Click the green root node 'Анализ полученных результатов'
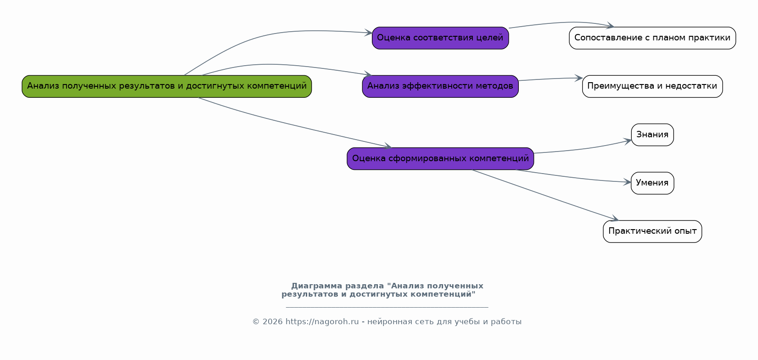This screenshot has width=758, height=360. (167, 86)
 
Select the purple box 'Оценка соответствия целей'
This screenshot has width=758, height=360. (440, 38)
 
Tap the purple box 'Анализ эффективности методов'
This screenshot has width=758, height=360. (440, 86)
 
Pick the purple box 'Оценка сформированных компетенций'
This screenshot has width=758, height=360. (440, 159)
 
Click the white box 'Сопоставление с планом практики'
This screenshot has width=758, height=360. (652, 38)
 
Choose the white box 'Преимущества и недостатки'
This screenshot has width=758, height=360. (652, 86)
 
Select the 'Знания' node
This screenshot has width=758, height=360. (652, 135)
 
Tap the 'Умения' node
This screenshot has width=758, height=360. (652, 183)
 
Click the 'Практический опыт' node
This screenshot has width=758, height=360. (652, 231)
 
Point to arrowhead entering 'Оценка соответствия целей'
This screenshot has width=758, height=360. (369, 33)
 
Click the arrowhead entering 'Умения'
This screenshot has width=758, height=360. (627, 182)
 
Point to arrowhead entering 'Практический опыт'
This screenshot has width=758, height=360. (615, 219)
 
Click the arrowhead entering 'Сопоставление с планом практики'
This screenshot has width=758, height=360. (610, 26)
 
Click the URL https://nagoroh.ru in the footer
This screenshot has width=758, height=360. (322, 322)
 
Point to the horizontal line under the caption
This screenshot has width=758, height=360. (387, 307)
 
